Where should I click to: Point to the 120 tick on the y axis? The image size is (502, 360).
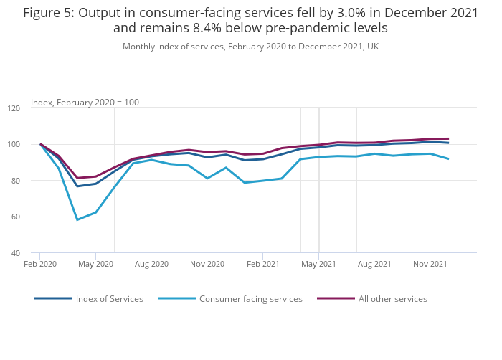pos(14,108)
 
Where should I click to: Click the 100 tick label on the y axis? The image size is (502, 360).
pos(14,145)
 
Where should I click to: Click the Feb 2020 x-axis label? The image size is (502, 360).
pos(39,264)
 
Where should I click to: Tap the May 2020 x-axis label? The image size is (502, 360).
pos(95,264)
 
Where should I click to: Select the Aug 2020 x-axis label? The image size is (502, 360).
pos(151,264)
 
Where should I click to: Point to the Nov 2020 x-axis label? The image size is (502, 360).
pos(207,264)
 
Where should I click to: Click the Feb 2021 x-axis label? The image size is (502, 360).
pos(262,264)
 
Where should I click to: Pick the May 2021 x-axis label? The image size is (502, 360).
pos(318,264)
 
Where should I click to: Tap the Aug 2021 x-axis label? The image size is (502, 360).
pos(374,264)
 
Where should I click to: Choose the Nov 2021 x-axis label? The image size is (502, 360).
pos(430,264)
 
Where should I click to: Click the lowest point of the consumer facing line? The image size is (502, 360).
pos(77,219)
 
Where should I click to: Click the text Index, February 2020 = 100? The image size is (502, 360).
pos(85,103)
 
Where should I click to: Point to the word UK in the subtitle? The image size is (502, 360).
pos(372,47)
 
